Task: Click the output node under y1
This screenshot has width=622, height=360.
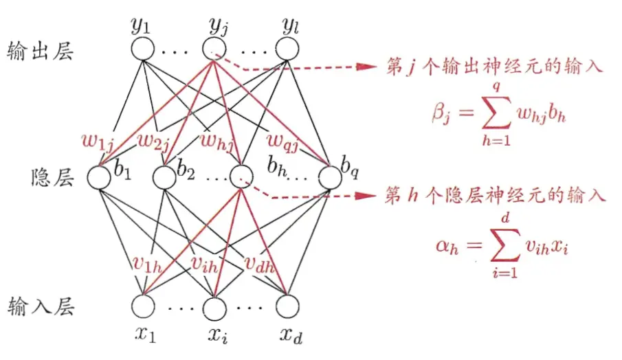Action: tap(143, 49)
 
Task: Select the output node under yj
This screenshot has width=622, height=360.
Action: tap(214, 49)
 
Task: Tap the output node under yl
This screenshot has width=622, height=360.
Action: tap(287, 49)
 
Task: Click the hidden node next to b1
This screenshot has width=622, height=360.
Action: tap(99, 177)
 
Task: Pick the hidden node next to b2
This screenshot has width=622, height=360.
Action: tap(164, 177)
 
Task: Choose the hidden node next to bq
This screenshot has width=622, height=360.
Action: tap(330, 177)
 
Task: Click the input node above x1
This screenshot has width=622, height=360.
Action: tap(143, 306)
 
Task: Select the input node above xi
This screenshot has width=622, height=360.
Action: tap(214, 307)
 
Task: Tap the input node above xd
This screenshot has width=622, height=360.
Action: tap(287, 306)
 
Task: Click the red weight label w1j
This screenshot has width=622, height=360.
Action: tap(98, 142)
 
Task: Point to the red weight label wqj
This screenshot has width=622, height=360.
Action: tap(282, 141)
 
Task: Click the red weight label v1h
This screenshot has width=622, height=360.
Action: tap(147, 263)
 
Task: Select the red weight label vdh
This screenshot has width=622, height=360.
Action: tap(260, 263)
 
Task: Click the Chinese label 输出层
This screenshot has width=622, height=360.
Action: tap(40, 51)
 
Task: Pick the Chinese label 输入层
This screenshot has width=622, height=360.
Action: tap(41, 307)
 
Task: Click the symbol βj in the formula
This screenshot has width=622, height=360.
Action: tap(441, 113)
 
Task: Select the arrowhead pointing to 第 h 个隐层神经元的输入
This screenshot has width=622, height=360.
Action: tap(366, 196)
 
